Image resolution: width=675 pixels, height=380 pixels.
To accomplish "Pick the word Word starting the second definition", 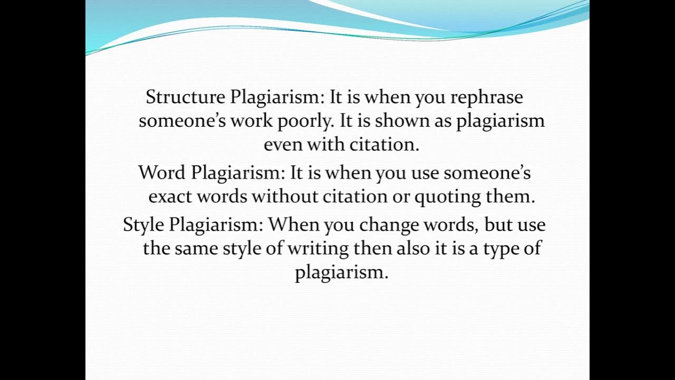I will click(x=162, y=173).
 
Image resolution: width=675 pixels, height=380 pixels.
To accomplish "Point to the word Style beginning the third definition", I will click(x=143, y=225).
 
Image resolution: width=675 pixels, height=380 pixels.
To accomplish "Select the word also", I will click(x=413, y=249).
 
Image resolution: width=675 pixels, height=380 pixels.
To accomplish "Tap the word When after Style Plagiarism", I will click(x=293, y=225).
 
